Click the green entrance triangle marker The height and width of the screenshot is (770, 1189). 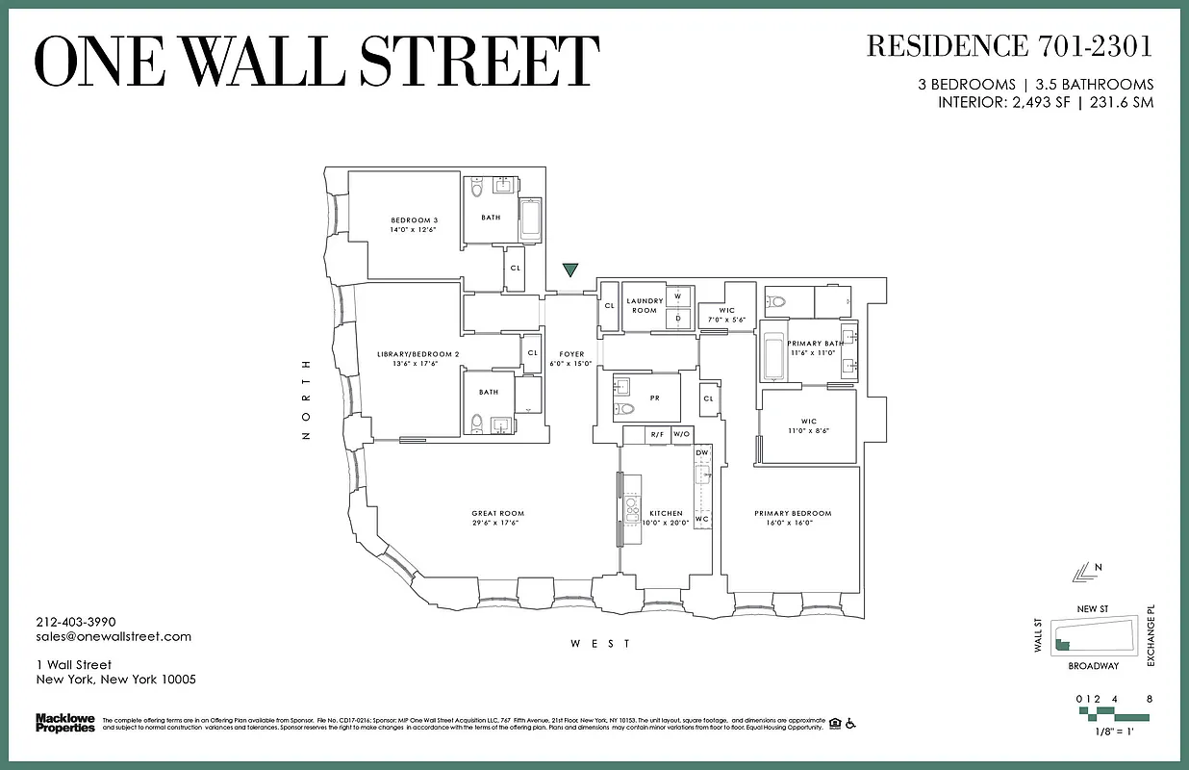click(x=570, y=270)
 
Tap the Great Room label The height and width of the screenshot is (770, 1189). click(x=497, y=514)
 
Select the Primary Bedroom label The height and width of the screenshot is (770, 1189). click(x=792, y=514)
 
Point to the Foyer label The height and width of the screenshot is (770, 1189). click(x=571, y=355)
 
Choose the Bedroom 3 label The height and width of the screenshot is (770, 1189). click(x=414, y=220)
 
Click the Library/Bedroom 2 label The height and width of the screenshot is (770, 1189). click(x=418, y=355)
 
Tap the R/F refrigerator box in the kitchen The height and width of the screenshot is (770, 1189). click(x=657, y=435)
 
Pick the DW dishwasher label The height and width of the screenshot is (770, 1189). click(x=702, y=452)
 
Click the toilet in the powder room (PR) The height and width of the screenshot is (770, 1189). click(x=625, y=409)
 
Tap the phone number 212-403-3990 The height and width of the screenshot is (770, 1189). click(x=76, y=622)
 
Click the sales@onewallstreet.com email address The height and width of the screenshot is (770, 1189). click(x=114, y=636)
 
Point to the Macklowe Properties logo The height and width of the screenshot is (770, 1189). click(x=65, y=722)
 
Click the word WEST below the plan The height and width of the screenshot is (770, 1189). click(x=601, y=644)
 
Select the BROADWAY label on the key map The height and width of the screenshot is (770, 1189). click(x=1093, y=666)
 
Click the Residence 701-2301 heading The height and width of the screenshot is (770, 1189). click(x=1009, y=45)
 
